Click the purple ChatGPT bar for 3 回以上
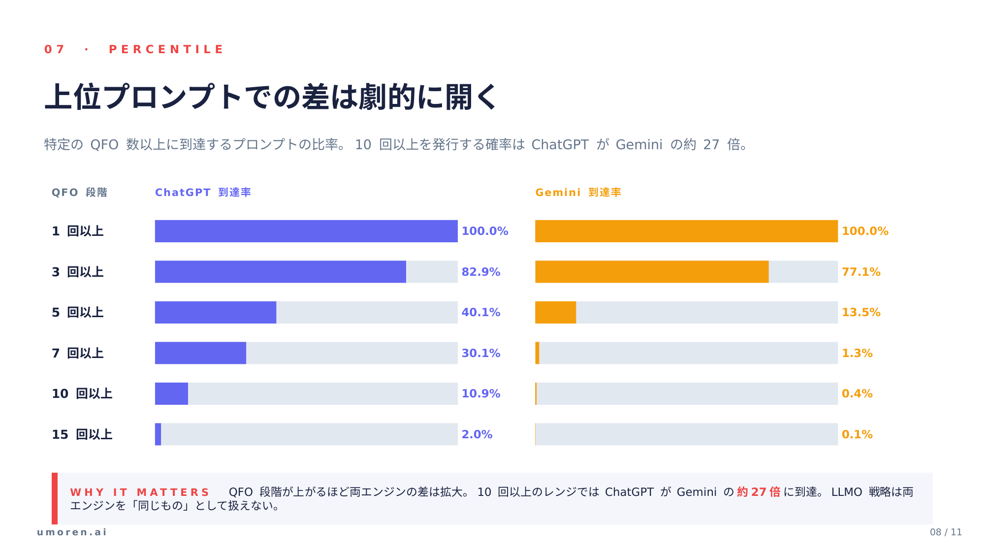click(x=281, y=272)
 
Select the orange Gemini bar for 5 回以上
click(x=555, y=312)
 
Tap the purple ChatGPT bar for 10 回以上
click(x=171, y=393)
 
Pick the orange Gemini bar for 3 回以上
click(x=652, y=272)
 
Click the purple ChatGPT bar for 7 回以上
click(x=200, y=353)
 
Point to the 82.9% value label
click(x=481, y=272)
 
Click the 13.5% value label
click(x=861, y=312)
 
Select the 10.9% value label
click(x=481, y=393)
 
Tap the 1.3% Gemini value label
click(x=857, y=353)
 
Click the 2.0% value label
click(x=477, y=434)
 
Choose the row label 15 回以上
click(x=82, y=434)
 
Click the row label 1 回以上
click(x=78, y=231)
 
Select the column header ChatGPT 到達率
click(x=203, y=192)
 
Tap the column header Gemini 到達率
click(x=578, y=192)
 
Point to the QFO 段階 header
click(x=79, y=192)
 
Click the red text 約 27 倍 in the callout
click(x=759, y=492)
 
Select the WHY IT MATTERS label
click(x=140, y=492)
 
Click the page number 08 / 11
click(x=946, y=532)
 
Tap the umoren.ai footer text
click(x=72, y=532)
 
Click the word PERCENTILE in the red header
click(x=166, y=49)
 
